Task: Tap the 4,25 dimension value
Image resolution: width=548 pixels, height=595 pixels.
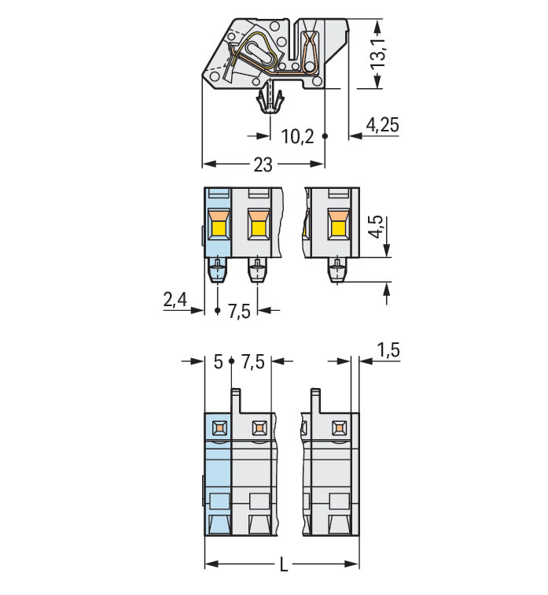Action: tap(382, 125)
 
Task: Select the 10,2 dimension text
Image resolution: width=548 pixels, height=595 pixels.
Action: tap(297, 136)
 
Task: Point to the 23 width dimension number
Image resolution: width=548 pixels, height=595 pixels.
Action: tap(263, 164)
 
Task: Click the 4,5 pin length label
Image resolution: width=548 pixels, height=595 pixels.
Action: tap(377, 227)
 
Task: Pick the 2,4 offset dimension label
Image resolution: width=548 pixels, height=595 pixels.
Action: tap(175, 299)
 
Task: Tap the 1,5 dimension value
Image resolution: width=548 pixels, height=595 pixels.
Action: tap(388, 350)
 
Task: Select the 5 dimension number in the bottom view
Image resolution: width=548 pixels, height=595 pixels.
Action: tap(218, 361)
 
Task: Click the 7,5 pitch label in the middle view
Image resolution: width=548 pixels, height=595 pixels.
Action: tap(239, 311)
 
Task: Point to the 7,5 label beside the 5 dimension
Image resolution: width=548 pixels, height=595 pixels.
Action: tap(253, 361)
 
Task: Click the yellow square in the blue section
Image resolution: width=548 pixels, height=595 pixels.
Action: tap(219, 228)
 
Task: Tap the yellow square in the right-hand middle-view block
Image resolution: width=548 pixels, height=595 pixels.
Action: tap(338, 228)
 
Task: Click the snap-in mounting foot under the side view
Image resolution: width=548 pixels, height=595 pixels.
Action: tap(270, 102)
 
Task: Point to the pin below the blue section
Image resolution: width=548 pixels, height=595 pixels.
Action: tap(218, 270)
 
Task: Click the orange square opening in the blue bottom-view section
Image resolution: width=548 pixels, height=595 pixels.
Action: tap(219, 428)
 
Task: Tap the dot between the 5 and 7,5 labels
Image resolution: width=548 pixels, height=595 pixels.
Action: tap(232, 361)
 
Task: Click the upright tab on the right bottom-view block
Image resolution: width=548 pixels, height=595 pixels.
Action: tap(315, 401)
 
